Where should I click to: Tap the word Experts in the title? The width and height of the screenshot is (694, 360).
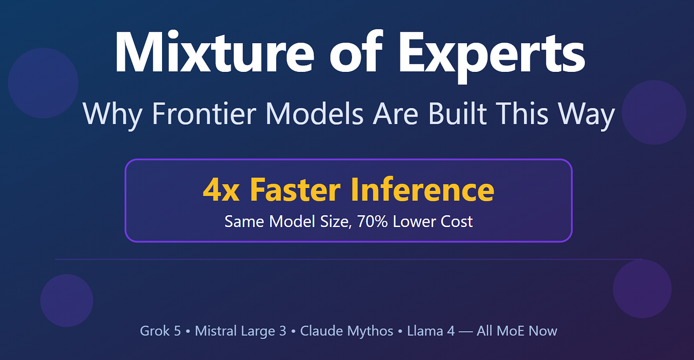[x=492, y=56]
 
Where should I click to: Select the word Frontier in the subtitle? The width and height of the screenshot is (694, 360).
[x=204, y=114]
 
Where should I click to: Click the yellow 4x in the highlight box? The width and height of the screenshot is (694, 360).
[x=221, y=189]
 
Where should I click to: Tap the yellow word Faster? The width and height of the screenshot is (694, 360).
[x=295, y=189]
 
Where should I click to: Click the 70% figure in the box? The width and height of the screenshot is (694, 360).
[x=372, y=222]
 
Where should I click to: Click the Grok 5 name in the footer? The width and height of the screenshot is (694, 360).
[x=160, y=331]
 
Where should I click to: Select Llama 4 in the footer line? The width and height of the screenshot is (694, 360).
[x=431, y=331]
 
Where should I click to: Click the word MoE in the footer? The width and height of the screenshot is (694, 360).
[x=511, y=331]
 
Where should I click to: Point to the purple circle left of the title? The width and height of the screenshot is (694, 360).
[x=43, y=83]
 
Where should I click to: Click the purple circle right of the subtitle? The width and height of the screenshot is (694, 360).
[x=654, y=112]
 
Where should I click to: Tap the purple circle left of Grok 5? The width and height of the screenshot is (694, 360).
[x=66, y=300]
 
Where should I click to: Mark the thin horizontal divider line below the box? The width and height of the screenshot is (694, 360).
[x=349, y=259]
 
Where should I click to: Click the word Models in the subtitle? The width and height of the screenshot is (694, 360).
[x=314, y=114]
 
